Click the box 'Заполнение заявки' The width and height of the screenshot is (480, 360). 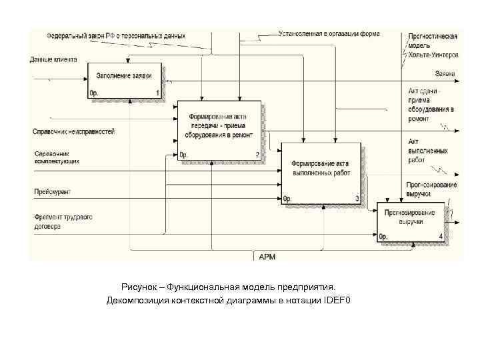click(125, 81)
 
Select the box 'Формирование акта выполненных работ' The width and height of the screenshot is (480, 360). click(321, 172)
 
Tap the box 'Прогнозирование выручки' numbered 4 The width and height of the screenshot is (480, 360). click(410, 220)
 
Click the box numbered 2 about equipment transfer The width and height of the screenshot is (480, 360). click(219, 129)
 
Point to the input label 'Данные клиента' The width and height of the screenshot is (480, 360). click(53, 59)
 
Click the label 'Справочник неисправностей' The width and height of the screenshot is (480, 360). click(73, 132)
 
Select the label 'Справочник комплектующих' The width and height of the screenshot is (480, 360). click(57, 157)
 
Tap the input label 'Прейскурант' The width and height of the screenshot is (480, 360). click(53, 192)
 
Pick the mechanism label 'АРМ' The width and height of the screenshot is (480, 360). click(267, 256)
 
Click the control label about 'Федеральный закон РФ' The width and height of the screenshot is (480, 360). click(116, 35)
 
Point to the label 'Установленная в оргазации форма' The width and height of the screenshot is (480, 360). click(330, 33)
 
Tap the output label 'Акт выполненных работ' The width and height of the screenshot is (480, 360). click(427, 151)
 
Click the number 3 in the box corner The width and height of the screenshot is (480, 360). click(357, 198)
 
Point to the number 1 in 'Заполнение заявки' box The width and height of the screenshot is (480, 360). click(157, 93)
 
